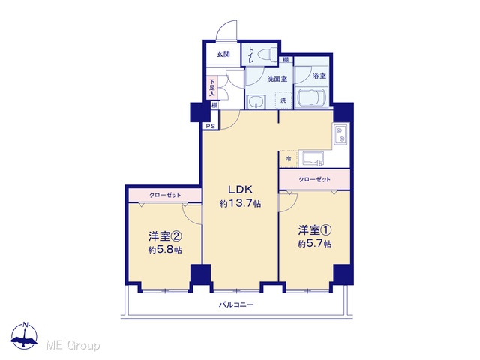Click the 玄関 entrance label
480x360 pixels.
[x=223, y=55]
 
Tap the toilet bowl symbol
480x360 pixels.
[x=267, y=55]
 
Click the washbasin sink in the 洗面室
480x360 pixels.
[x=256, y=101]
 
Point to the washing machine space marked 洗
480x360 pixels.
[x=283, y=100]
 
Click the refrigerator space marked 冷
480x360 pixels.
[x=288, y=159]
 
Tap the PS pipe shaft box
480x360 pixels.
[x=211, y=126]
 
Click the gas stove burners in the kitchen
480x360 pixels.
[x=340, y=135]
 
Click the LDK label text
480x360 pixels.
[x=240, y=190]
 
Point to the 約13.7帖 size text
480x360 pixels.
[x=240, y=203]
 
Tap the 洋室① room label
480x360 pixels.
[x=315, y=230]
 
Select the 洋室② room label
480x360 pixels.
[x=165, y=236]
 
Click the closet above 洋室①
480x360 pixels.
[x=315, y=179]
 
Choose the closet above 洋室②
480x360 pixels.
[x=165, y=195]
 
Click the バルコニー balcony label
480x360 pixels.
[x=236, y=305]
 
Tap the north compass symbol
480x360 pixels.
[x=24, y=336]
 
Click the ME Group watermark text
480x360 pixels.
[x=73, y=345]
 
